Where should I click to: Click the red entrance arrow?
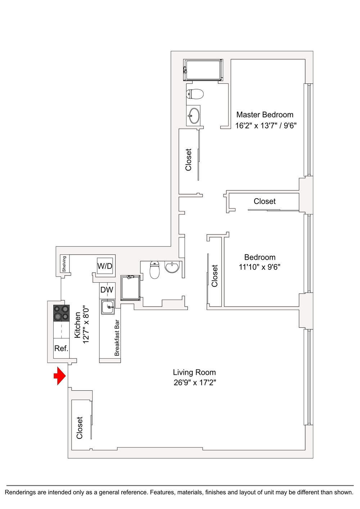(x=60, y=376)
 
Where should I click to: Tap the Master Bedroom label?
(x=265, y=115)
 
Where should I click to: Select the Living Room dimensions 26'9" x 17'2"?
(x=195, y=383)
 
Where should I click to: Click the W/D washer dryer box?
(x=105, y=266)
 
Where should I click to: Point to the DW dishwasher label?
(x=107, y=290)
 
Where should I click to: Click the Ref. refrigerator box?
(x=61, y=348)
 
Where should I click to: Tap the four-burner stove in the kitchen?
(x=61, y=313)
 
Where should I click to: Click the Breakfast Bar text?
(x=117, y=338)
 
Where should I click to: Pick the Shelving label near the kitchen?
(x=64, y=264)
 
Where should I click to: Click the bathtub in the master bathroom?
(x=203, y=70)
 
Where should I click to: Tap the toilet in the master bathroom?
(x=195, y=94)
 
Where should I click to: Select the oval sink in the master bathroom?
(x=194, y=115)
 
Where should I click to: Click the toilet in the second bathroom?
(x=154, y=270)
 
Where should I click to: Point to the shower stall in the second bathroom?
(x=130, y=288)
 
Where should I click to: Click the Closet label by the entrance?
(x=80, y=428)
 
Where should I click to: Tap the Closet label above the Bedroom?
(x=265, y=201)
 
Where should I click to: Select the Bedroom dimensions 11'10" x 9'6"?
(x=260, y=267)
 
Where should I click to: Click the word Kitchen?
(x=77, y=325)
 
